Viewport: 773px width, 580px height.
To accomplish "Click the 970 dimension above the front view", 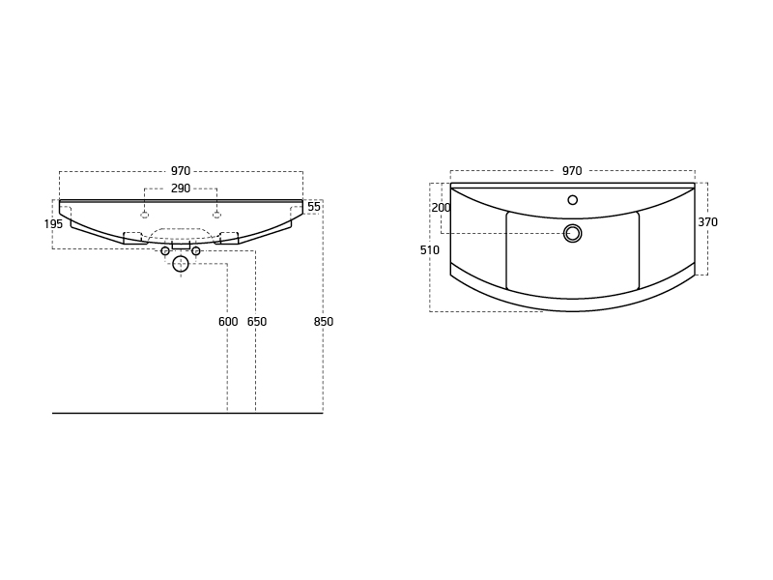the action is click(x=181, y=171).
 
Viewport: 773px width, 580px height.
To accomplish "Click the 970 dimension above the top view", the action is click(x=572, y=171).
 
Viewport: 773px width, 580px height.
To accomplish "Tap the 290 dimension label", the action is click(x=181, y=188).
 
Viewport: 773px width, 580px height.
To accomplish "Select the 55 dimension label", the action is click(x=314, y=207).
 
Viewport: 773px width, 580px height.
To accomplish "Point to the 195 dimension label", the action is click(x=53, y=224).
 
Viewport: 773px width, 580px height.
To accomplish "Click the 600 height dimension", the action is click(x=228, y=322).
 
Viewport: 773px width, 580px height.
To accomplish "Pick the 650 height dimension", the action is click(x=257, y=322).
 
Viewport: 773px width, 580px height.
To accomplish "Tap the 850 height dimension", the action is click(x=324, y=322).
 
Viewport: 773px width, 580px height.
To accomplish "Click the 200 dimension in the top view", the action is click(x=442, y=208).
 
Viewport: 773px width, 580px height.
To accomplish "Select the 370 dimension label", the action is click(x=707, y=222).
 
